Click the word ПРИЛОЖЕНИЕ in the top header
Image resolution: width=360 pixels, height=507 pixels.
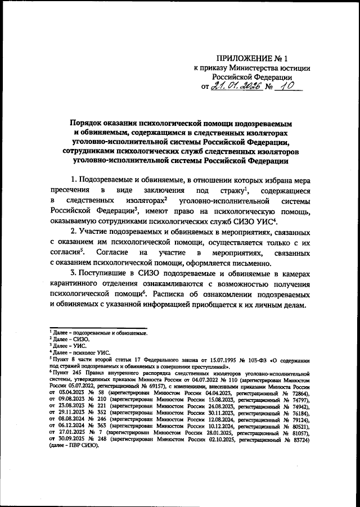pos(240,58)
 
